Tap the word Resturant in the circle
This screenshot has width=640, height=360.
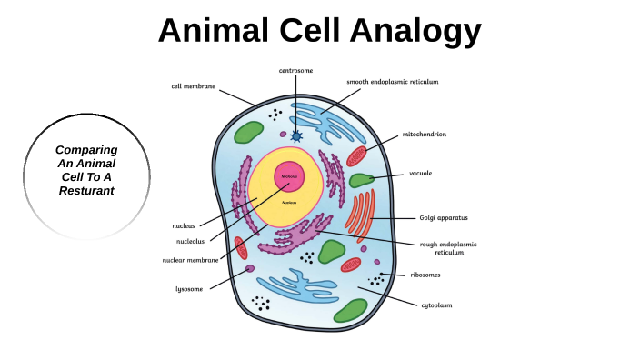[86, 190]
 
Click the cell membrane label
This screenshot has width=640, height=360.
[194, 86]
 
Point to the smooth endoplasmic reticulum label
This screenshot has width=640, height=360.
[393, 82]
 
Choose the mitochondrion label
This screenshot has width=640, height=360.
[425, 135]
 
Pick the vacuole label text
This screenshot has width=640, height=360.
[420, 173]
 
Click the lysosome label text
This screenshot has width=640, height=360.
[189, 289]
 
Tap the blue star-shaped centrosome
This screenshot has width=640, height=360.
[295, 135]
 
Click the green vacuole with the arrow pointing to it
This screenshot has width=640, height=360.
[361, 180]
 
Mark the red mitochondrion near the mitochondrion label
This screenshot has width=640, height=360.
[356, 155]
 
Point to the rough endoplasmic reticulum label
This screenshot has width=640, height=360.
[447, 248]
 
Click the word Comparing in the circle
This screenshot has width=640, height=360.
[86, 149]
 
